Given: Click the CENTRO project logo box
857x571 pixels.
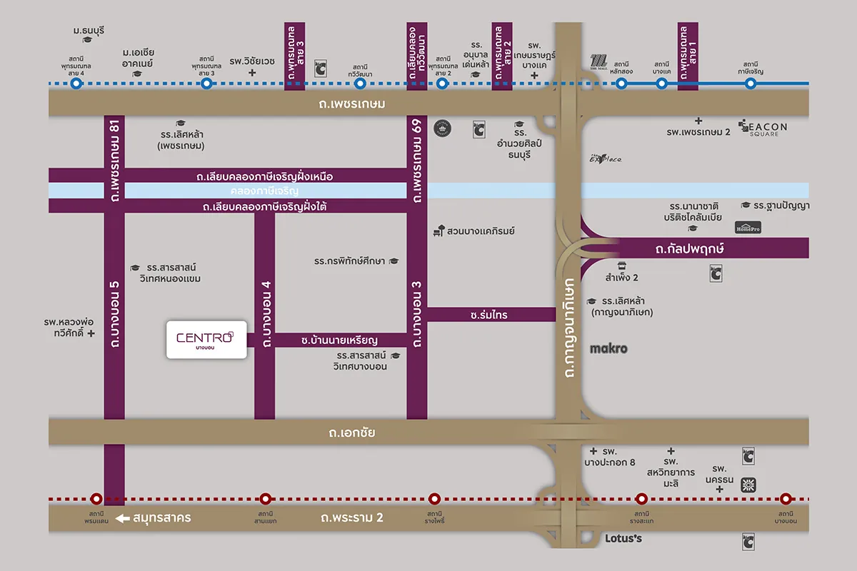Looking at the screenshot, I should (x=206, y=338).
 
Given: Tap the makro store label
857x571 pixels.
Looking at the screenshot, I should (x=608, y=349).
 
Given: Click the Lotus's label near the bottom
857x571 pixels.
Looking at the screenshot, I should (x=623, y=538).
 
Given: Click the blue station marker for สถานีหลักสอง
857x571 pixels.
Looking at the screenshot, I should (x=621, y=84).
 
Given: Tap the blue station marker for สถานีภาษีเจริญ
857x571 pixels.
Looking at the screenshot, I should (x=751, y=84).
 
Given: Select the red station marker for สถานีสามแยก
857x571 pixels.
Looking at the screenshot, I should (x=266, y=499).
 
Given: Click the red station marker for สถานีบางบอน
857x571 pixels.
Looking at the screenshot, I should (x=786, y=499).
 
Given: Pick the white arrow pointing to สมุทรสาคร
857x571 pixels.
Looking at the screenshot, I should (x=124, y=518).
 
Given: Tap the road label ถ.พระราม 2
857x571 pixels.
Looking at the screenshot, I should (x=356, y=518).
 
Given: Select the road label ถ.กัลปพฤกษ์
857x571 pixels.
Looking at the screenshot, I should (x=689, y=248).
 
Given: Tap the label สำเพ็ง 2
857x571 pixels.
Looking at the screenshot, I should (x=621, y=277).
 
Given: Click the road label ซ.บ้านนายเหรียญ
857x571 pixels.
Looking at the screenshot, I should (x=339, y=340).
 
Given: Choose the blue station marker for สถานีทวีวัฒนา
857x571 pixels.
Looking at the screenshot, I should (x=360, y=84).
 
